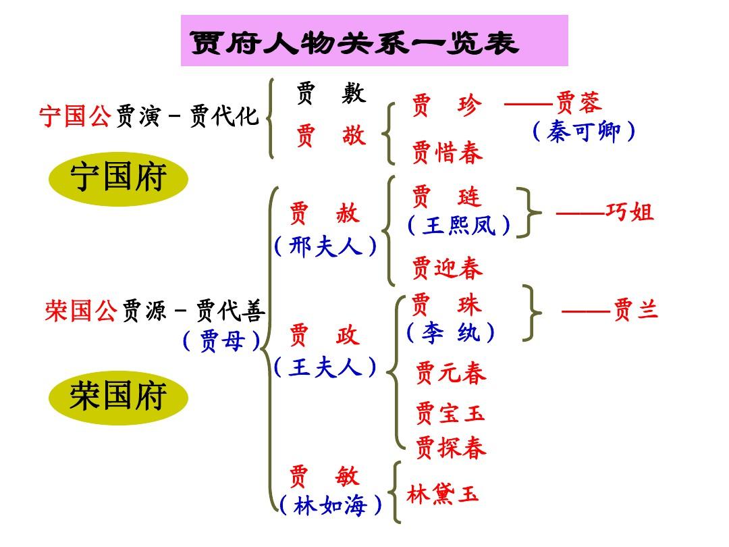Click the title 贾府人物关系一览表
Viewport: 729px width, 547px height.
tap(354, 43)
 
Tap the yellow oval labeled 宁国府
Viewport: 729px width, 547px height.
tap(118, 178)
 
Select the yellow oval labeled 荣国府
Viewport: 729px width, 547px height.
tap(118, 398)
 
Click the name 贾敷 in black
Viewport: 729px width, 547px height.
tap(331, 93)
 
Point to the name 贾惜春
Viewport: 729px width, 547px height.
tap(448, 152)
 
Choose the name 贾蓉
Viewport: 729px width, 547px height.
tap(579, 103)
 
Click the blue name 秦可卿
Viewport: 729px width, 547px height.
tap(583, 132)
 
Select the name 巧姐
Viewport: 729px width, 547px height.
tap(630, 212)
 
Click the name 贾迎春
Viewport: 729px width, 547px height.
tap(448, 268)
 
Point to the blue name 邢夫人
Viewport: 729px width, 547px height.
tap(325, 246)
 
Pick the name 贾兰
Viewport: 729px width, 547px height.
tap(636, 309)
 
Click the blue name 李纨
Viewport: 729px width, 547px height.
tap(450, 332)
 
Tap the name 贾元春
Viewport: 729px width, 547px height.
tap(450, 373)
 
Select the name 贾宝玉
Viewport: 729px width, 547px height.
tap(450, 413)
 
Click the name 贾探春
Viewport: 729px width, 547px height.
tap(450, 448)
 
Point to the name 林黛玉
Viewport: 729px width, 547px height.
tap(443, 494)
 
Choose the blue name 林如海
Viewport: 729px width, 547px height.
tap(330, 506)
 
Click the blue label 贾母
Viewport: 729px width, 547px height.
tap(222, 341)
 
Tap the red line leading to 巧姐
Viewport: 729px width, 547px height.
tap(580, 213)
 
